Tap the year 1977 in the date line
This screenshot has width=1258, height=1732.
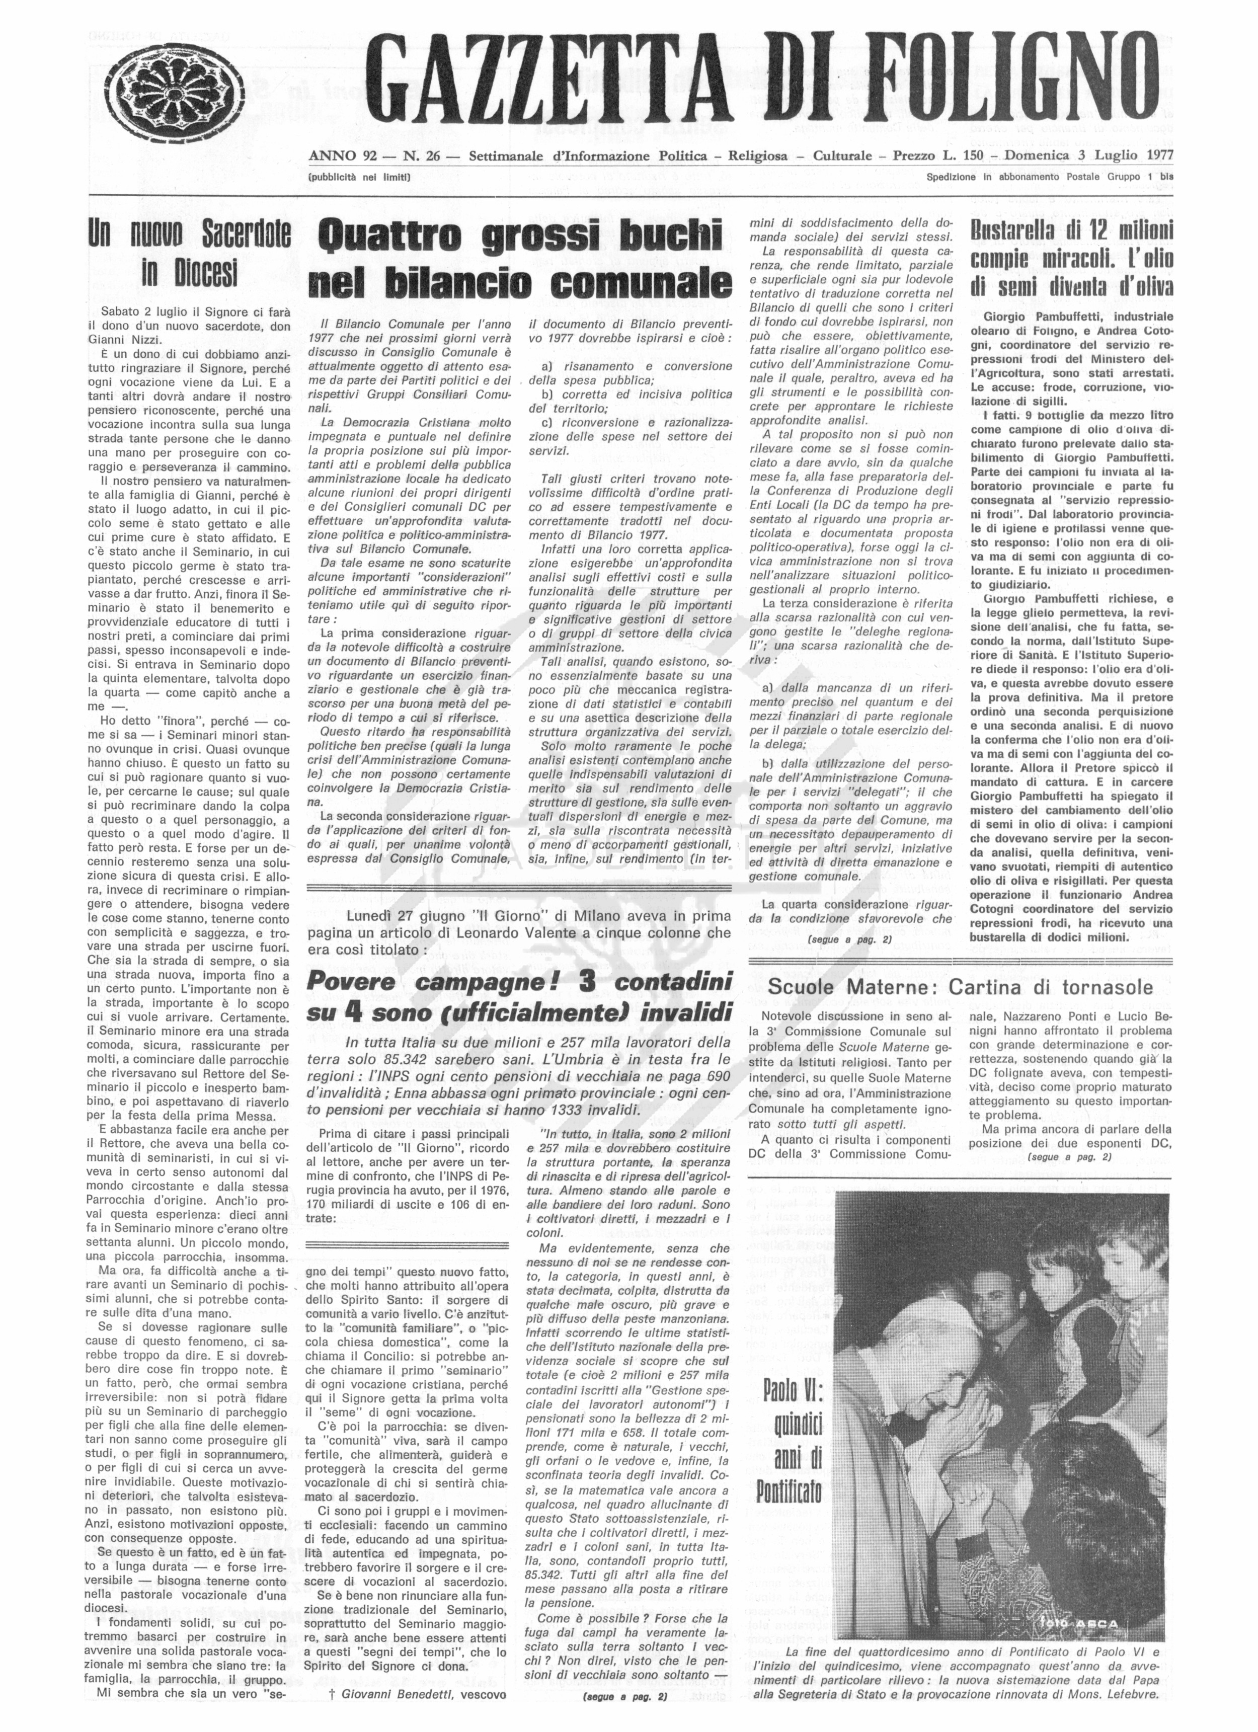pyautogui.click(x=1158, y=156)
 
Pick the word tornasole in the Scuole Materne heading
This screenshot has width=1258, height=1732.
pyautogui.click(x=1107, y=987)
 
